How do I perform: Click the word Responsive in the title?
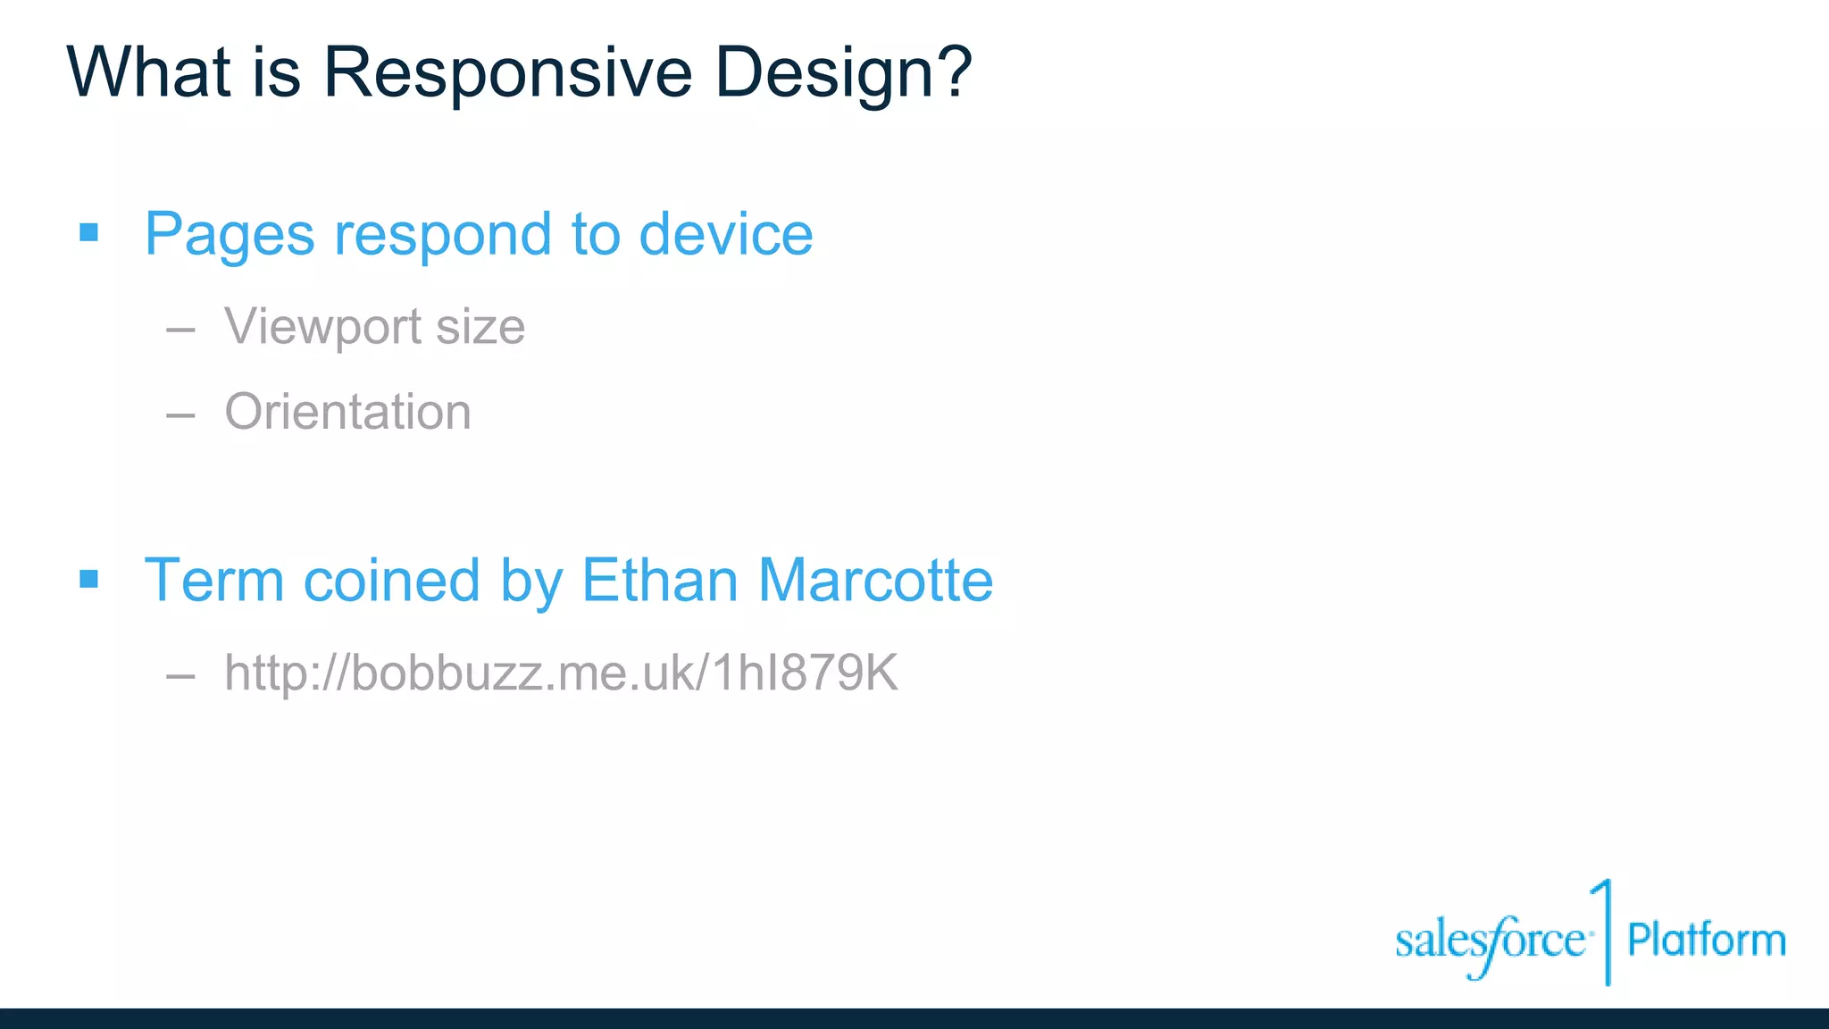tap(506, 72)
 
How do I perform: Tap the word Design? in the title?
tap(843, 72)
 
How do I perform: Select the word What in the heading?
tap(149, 72)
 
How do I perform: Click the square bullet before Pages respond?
tap(88, 233)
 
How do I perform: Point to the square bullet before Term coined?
tap(88, 580)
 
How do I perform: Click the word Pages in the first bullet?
tap(230, 235)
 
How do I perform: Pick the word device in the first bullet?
tap(725, 234)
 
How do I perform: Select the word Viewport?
tap(322, 327)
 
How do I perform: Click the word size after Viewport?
tap(480, 327)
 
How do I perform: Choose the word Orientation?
tap(347, 412)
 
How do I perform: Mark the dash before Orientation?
tap(180, 414)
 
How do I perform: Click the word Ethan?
tap(659, 581)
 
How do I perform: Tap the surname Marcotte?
tap(875, 581)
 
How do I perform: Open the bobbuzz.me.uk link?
tap(561, 673)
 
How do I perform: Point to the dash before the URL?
tap(180, 676)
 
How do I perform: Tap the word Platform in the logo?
tap(1706, 940)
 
